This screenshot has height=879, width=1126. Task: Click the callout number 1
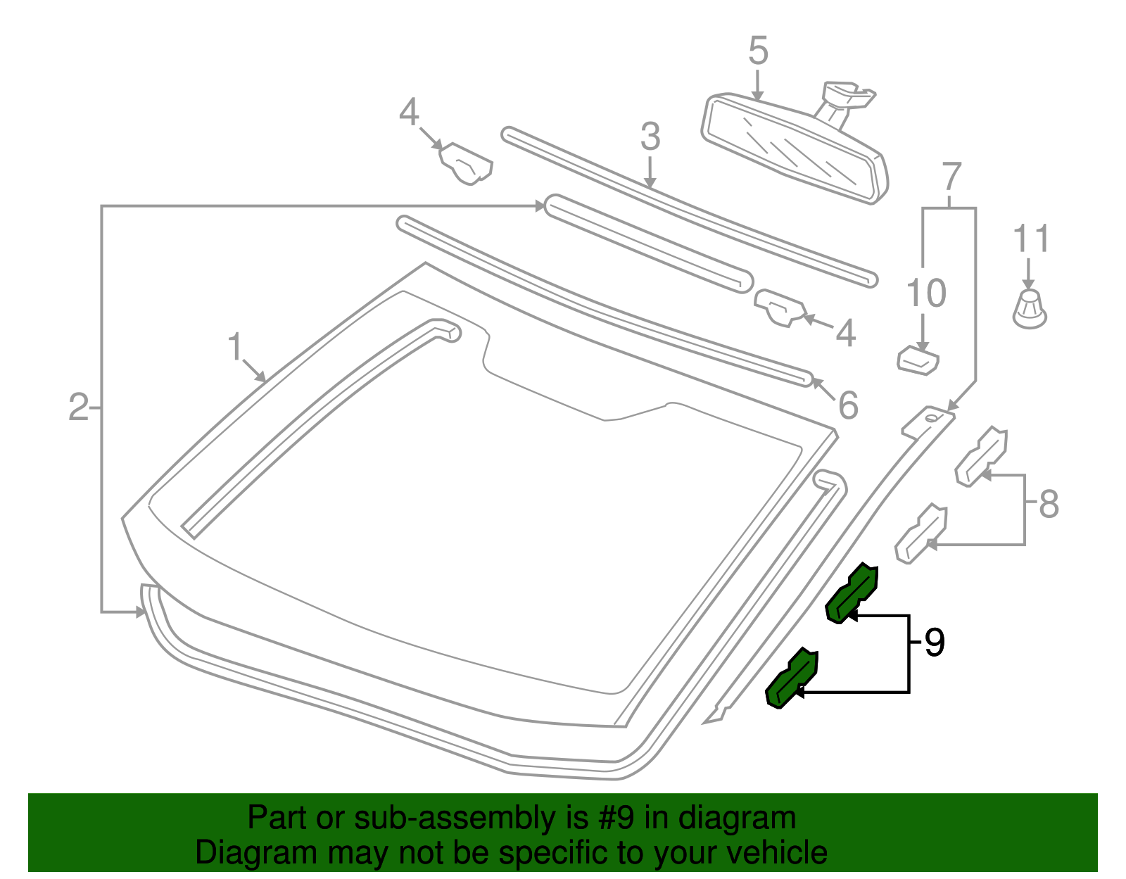(234, 348)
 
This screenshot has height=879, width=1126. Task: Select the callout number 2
(78, 407)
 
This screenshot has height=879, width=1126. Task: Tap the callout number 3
(650, 137)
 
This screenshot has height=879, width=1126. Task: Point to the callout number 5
(758, 51)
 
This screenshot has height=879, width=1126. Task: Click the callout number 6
(848, 405)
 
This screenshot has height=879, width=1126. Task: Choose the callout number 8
(1049, 504)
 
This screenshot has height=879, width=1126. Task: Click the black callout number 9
(934, 642)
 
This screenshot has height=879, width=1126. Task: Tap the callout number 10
(926, 293)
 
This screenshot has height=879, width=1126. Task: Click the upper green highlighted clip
(852, 593)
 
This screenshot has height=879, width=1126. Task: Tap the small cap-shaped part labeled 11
(1030, 310)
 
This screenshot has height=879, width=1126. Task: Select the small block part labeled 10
(918, 360)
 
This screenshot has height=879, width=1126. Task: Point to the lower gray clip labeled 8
(922, 533)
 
